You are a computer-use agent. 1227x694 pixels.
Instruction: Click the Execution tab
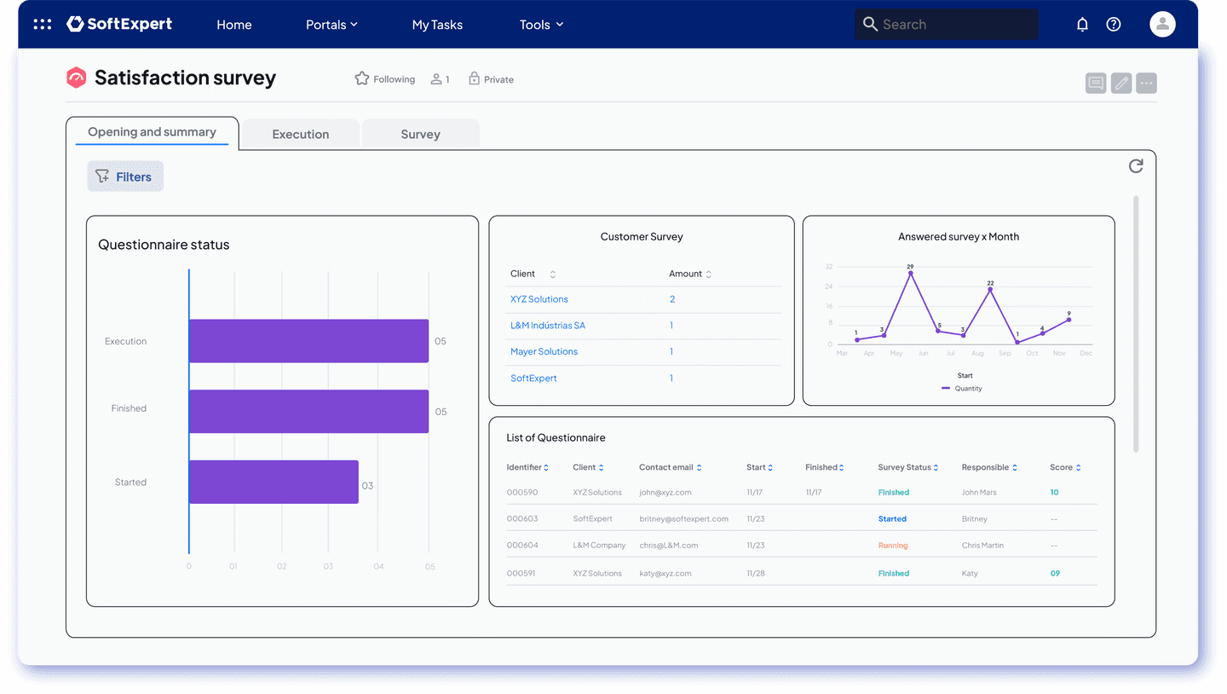(x=300, y=135)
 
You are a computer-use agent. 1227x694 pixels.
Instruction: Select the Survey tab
(x=420, y=135)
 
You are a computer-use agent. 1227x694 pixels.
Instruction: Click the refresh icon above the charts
(x=1136, y=166)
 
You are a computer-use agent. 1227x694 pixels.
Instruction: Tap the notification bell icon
(x=1082, y=24)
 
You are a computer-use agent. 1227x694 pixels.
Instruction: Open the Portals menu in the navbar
(x=331, y=25)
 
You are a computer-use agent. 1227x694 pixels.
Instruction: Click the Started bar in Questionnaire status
(x=274, y=482)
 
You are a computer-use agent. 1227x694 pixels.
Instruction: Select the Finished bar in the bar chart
(x=309, y=411)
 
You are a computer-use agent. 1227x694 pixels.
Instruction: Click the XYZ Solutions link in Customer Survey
(x=539, y=299)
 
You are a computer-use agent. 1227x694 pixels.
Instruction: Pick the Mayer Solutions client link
(x=544, y=351)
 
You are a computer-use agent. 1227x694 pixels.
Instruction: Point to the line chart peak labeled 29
(x=910, y=273)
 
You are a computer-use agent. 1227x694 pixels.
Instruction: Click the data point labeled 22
(x=990, y=290)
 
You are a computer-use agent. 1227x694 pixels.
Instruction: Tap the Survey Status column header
(x=907, y=467)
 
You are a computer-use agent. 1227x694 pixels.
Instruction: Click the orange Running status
(x=893, y=546)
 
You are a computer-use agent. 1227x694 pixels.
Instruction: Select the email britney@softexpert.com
(x=683, y=518)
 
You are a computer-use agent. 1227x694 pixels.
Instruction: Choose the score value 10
(x=1054, y=492)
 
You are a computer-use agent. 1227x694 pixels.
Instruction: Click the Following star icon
(x=361, y=78)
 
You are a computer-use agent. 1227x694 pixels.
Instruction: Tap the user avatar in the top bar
(x=1162, y=24)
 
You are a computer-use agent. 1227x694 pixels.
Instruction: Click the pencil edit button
(x=1120, y=84)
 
